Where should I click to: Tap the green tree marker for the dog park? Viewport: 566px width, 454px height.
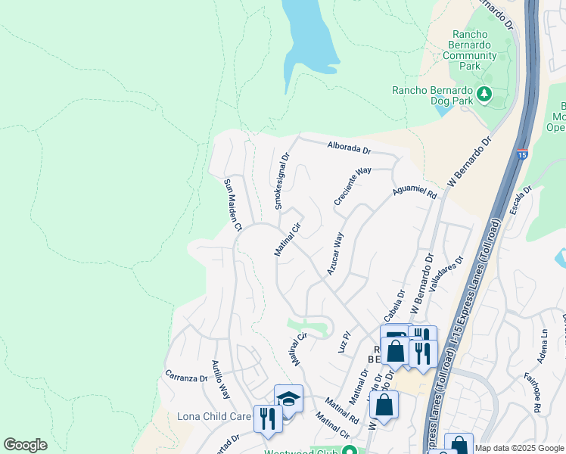pyautogui.click(x=485, y=95)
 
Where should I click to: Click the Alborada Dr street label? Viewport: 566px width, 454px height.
pyautogui.click(x=349, y=148)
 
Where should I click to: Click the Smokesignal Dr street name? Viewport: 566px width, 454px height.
pyautogui.click(x=281, y=182)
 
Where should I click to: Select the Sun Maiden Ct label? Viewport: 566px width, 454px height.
pyautogui.click(x=232, y=204)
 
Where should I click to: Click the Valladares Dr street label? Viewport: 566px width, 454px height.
pyautogui.click(x=445, y=273)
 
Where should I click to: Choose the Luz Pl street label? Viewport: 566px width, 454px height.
pyautogui.click(x=347, y=338)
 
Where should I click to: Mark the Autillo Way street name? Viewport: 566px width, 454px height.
pyautogui.click(x=220, y=380)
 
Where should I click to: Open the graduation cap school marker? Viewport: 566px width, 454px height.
pyautogui.click(x=289, y=399)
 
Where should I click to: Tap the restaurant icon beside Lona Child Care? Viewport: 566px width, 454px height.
pyautogui.click(x=266, y=417)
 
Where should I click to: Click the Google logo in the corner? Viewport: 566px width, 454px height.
pyautogui.click(x=25, y=445)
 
